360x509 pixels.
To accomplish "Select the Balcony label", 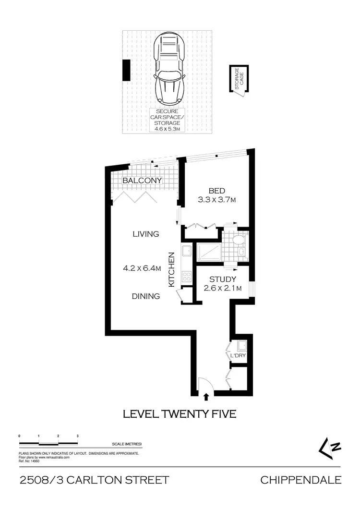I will (x=142, y=181).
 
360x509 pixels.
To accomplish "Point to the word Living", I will (x=146, y=234).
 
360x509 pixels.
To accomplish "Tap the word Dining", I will (x=146, y=296).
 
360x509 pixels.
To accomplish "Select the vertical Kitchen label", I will (x=171, y=270).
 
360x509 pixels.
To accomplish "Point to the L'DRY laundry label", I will (x=238, y=356).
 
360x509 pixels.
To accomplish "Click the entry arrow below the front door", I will (x=207, y=397).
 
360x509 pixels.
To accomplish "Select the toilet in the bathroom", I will (x=237, y=241).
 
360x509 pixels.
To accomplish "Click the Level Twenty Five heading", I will (x=180, y=414).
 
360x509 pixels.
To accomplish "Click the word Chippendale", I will (x=300, y=480).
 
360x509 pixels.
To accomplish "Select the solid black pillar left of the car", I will (x=126, y=70).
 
